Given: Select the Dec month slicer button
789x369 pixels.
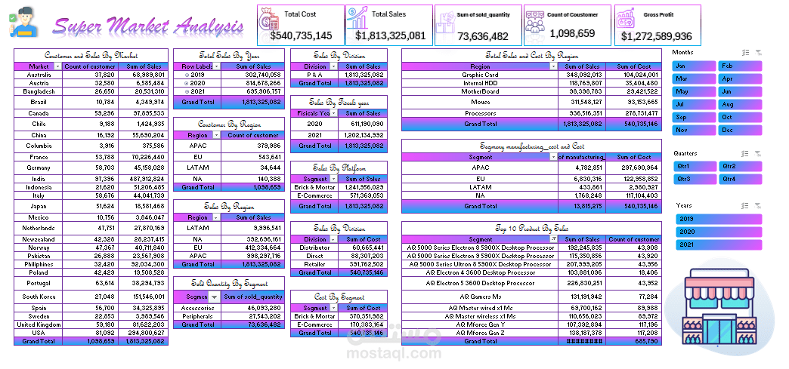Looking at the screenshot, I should pyautogui.click(x=739, y=130).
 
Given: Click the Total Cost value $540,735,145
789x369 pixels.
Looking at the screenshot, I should pyautogui.click(x=300, y=35).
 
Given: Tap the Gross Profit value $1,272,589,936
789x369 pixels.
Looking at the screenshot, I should pyautogui.click(x=656, y=35).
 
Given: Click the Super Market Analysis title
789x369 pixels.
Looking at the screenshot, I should pyautogui.click(x=149, y=28).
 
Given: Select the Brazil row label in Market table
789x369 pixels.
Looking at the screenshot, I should pyautogui.click(x=39, y=101).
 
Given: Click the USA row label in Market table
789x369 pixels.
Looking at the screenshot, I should pyautogui.click(x=39, y=332).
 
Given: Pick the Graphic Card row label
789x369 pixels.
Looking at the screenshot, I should pyautogui.click(x=480, y=75).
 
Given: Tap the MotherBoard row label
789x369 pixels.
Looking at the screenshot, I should pyautogui.click(x=480, y=91).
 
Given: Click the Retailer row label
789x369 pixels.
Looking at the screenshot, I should pyautogui.click(x=315, y=264).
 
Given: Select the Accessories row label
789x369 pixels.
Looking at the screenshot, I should pyautogui.click(x=197, y=307).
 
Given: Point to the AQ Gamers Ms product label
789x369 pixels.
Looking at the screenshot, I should pyautogui.click(x=480, y=297).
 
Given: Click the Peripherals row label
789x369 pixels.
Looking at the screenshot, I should pyautogui.click(x=197, y=315).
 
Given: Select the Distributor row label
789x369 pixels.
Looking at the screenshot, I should pyautogui.click(x=315, y=248).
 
